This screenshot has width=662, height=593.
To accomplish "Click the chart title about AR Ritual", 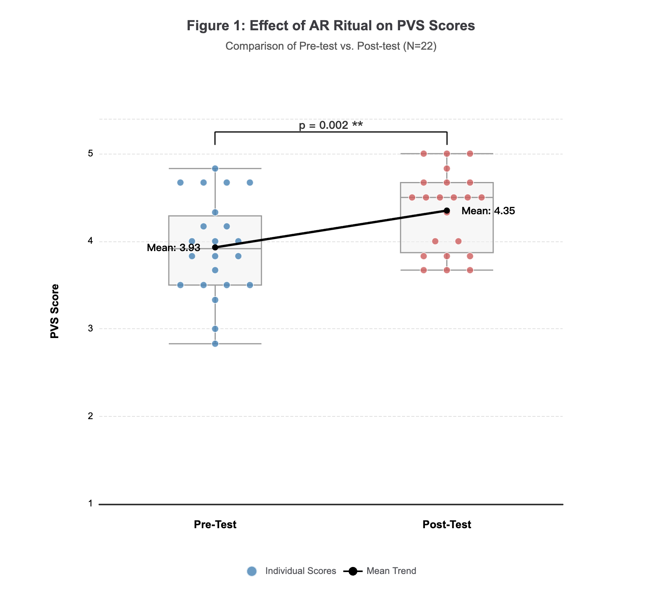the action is click(x=331, y=26).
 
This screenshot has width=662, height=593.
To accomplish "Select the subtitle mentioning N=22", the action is click(x=331, y=46).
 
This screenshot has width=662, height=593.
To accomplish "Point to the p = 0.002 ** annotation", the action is click(x=331, y=125).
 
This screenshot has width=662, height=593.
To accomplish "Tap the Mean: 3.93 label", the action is click(x=173, y=248).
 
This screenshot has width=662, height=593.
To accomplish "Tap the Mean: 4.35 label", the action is click(x=488, y=211).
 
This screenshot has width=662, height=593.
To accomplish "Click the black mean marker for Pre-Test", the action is click(x=215, y=248).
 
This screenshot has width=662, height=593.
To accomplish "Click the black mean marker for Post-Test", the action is click(x=447, y=211).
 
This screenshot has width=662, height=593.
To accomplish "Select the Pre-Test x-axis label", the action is click(x=215, y=525).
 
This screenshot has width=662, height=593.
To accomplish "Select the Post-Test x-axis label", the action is click(x=447, y=525).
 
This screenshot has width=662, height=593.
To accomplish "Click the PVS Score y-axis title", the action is click(x=55, y=311).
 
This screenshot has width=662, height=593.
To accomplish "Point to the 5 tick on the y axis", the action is click(x=91, y=154).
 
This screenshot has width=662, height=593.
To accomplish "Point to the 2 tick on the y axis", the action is click(x=91, y=416).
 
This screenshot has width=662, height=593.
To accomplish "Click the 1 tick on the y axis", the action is click(x=91, y=504).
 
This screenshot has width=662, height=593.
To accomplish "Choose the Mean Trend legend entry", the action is click(x=380, y=571).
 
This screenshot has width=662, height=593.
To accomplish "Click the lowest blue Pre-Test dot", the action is click(x=215, y=343).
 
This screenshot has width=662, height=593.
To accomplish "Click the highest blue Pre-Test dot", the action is click(x=215, y=168).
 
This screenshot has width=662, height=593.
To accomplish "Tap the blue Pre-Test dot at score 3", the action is click(x=215, y=329).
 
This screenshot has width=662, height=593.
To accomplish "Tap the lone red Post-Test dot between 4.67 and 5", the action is click(x=447, y=168).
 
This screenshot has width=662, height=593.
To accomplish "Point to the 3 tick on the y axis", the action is click(x=91, y=329).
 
